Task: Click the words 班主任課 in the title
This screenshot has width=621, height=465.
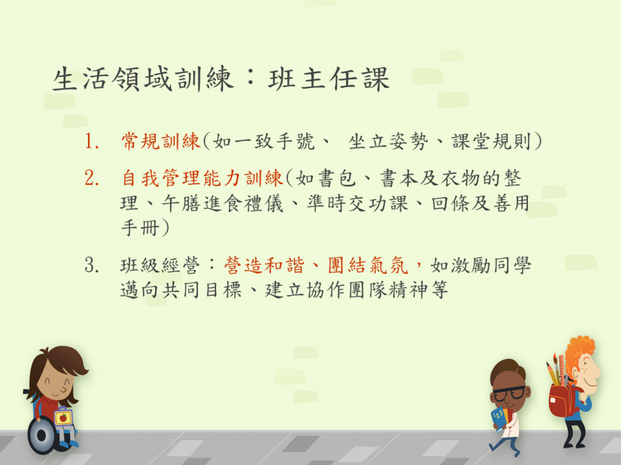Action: pyautogui.click(x=329, y=79)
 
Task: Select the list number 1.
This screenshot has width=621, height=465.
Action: pyautogui.click(x=92, y=141)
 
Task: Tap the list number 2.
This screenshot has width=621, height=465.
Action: pyautogui.click(x=92, y=178)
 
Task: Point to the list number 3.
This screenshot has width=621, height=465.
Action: pyautogui.click(x=92, y=265)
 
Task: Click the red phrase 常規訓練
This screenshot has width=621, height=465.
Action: pyautogui.click(x=161, y=141)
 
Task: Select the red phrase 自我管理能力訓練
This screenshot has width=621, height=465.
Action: pyautogui.click(x=202, y=178)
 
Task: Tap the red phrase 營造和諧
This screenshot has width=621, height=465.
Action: pyautogui.click(x=264, y=265)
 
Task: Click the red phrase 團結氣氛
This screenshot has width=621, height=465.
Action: pyautogui.click(x=368, y=265)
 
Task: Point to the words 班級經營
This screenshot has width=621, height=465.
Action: pyautogui.click(x=160, y=265)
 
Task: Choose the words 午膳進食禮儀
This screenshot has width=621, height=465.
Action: pyautogui.click(x=223, y=203)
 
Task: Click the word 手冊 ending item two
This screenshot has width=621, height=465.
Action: pyautogui.click(x=140, y=228)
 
